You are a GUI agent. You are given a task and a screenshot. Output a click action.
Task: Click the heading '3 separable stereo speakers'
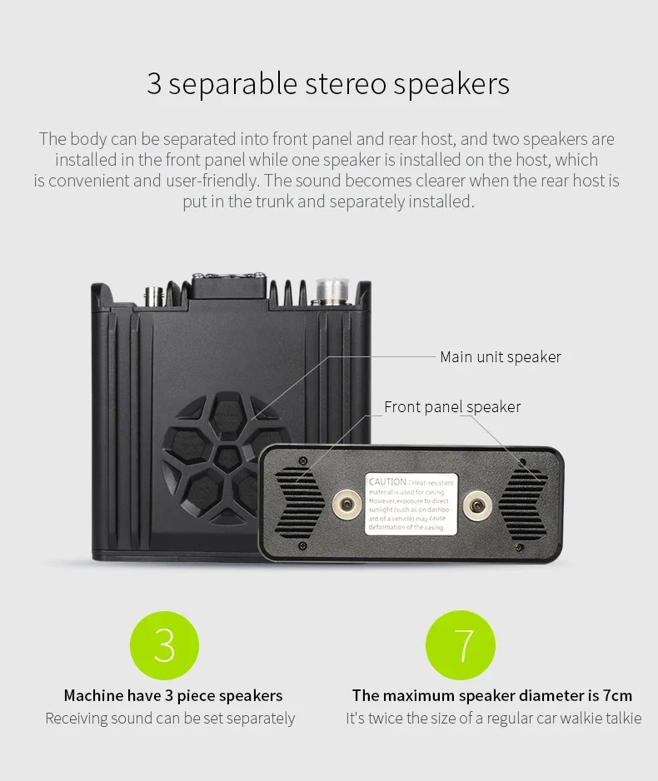point(328,84)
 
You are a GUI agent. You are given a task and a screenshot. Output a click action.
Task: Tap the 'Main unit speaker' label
point(500,356)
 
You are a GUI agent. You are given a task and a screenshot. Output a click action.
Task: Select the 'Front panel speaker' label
point(452,406)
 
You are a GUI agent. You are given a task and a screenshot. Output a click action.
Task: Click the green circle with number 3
point(165,645)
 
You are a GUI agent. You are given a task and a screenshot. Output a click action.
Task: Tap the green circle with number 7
point(461,645)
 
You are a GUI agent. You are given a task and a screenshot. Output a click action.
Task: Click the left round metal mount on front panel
point(343,503)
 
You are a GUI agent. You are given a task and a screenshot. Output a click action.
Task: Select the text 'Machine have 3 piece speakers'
point(173,695)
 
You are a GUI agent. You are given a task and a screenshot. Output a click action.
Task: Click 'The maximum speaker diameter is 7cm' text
point(491,695)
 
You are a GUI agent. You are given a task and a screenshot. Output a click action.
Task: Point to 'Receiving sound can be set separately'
point(170,719)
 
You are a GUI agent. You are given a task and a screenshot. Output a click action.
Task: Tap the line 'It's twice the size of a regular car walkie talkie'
point(493,719)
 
